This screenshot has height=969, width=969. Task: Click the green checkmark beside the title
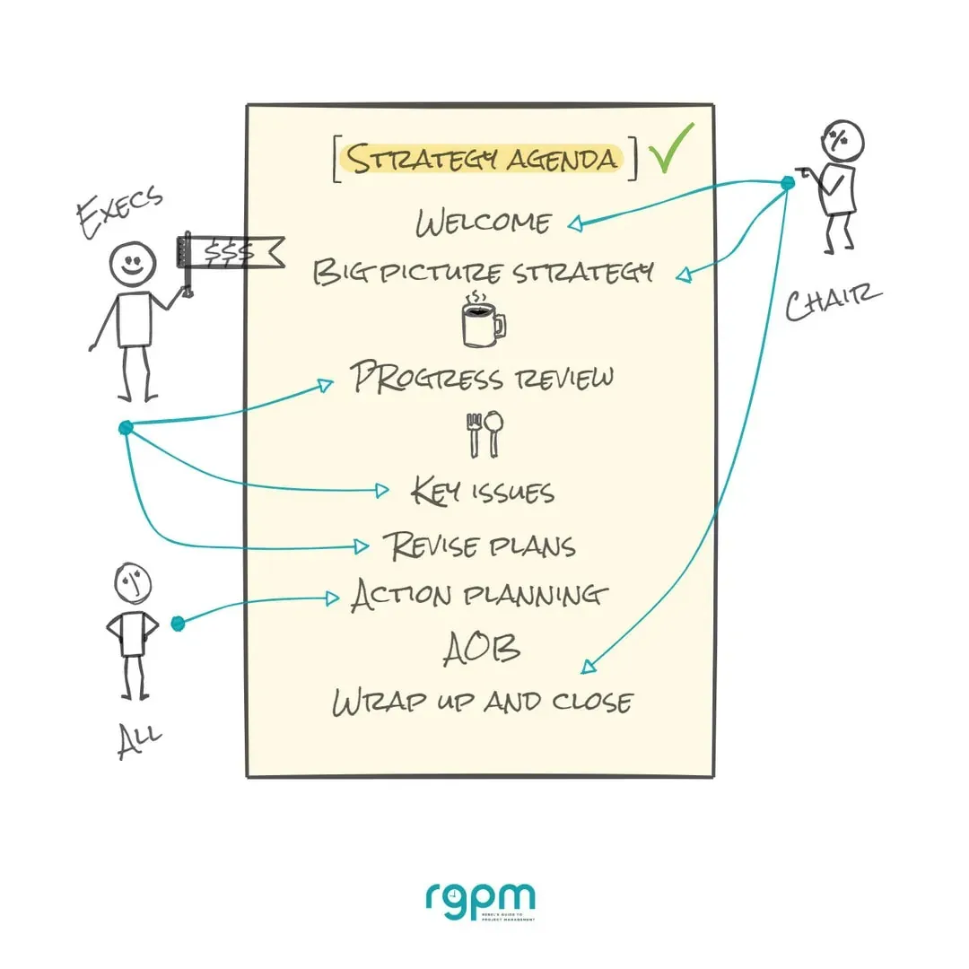672,150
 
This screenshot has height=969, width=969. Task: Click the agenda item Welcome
484,223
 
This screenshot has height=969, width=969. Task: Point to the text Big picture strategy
483,272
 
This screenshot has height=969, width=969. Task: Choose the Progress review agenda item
483,377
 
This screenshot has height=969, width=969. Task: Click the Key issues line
483,491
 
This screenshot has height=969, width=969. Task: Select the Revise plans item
479,546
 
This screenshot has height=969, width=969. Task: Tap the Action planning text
479,595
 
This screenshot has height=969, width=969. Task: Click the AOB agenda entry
482,649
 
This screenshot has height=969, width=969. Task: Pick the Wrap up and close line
482,701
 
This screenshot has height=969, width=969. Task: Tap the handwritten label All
139,741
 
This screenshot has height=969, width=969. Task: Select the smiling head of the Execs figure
133,264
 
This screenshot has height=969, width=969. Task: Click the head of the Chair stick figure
842,141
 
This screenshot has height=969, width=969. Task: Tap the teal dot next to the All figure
178,622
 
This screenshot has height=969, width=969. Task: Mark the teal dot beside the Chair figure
788,183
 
